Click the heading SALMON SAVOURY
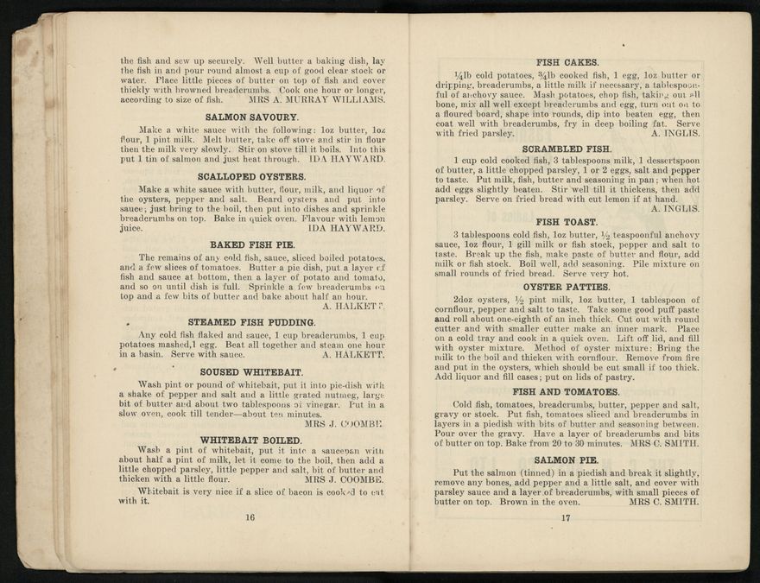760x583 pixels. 250,116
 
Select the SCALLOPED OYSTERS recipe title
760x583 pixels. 250,176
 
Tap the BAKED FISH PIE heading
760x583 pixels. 250,244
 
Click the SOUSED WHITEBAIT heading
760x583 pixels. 250,371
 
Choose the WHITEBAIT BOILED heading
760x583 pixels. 250,440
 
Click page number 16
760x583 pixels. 250,518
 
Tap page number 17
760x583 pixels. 567,518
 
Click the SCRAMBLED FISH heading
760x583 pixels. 567,149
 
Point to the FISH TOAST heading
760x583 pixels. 567,222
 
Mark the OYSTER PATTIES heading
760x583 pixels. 567,287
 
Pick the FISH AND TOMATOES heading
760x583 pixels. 567,391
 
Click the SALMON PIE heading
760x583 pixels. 567,459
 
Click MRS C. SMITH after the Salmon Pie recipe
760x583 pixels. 664,501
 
